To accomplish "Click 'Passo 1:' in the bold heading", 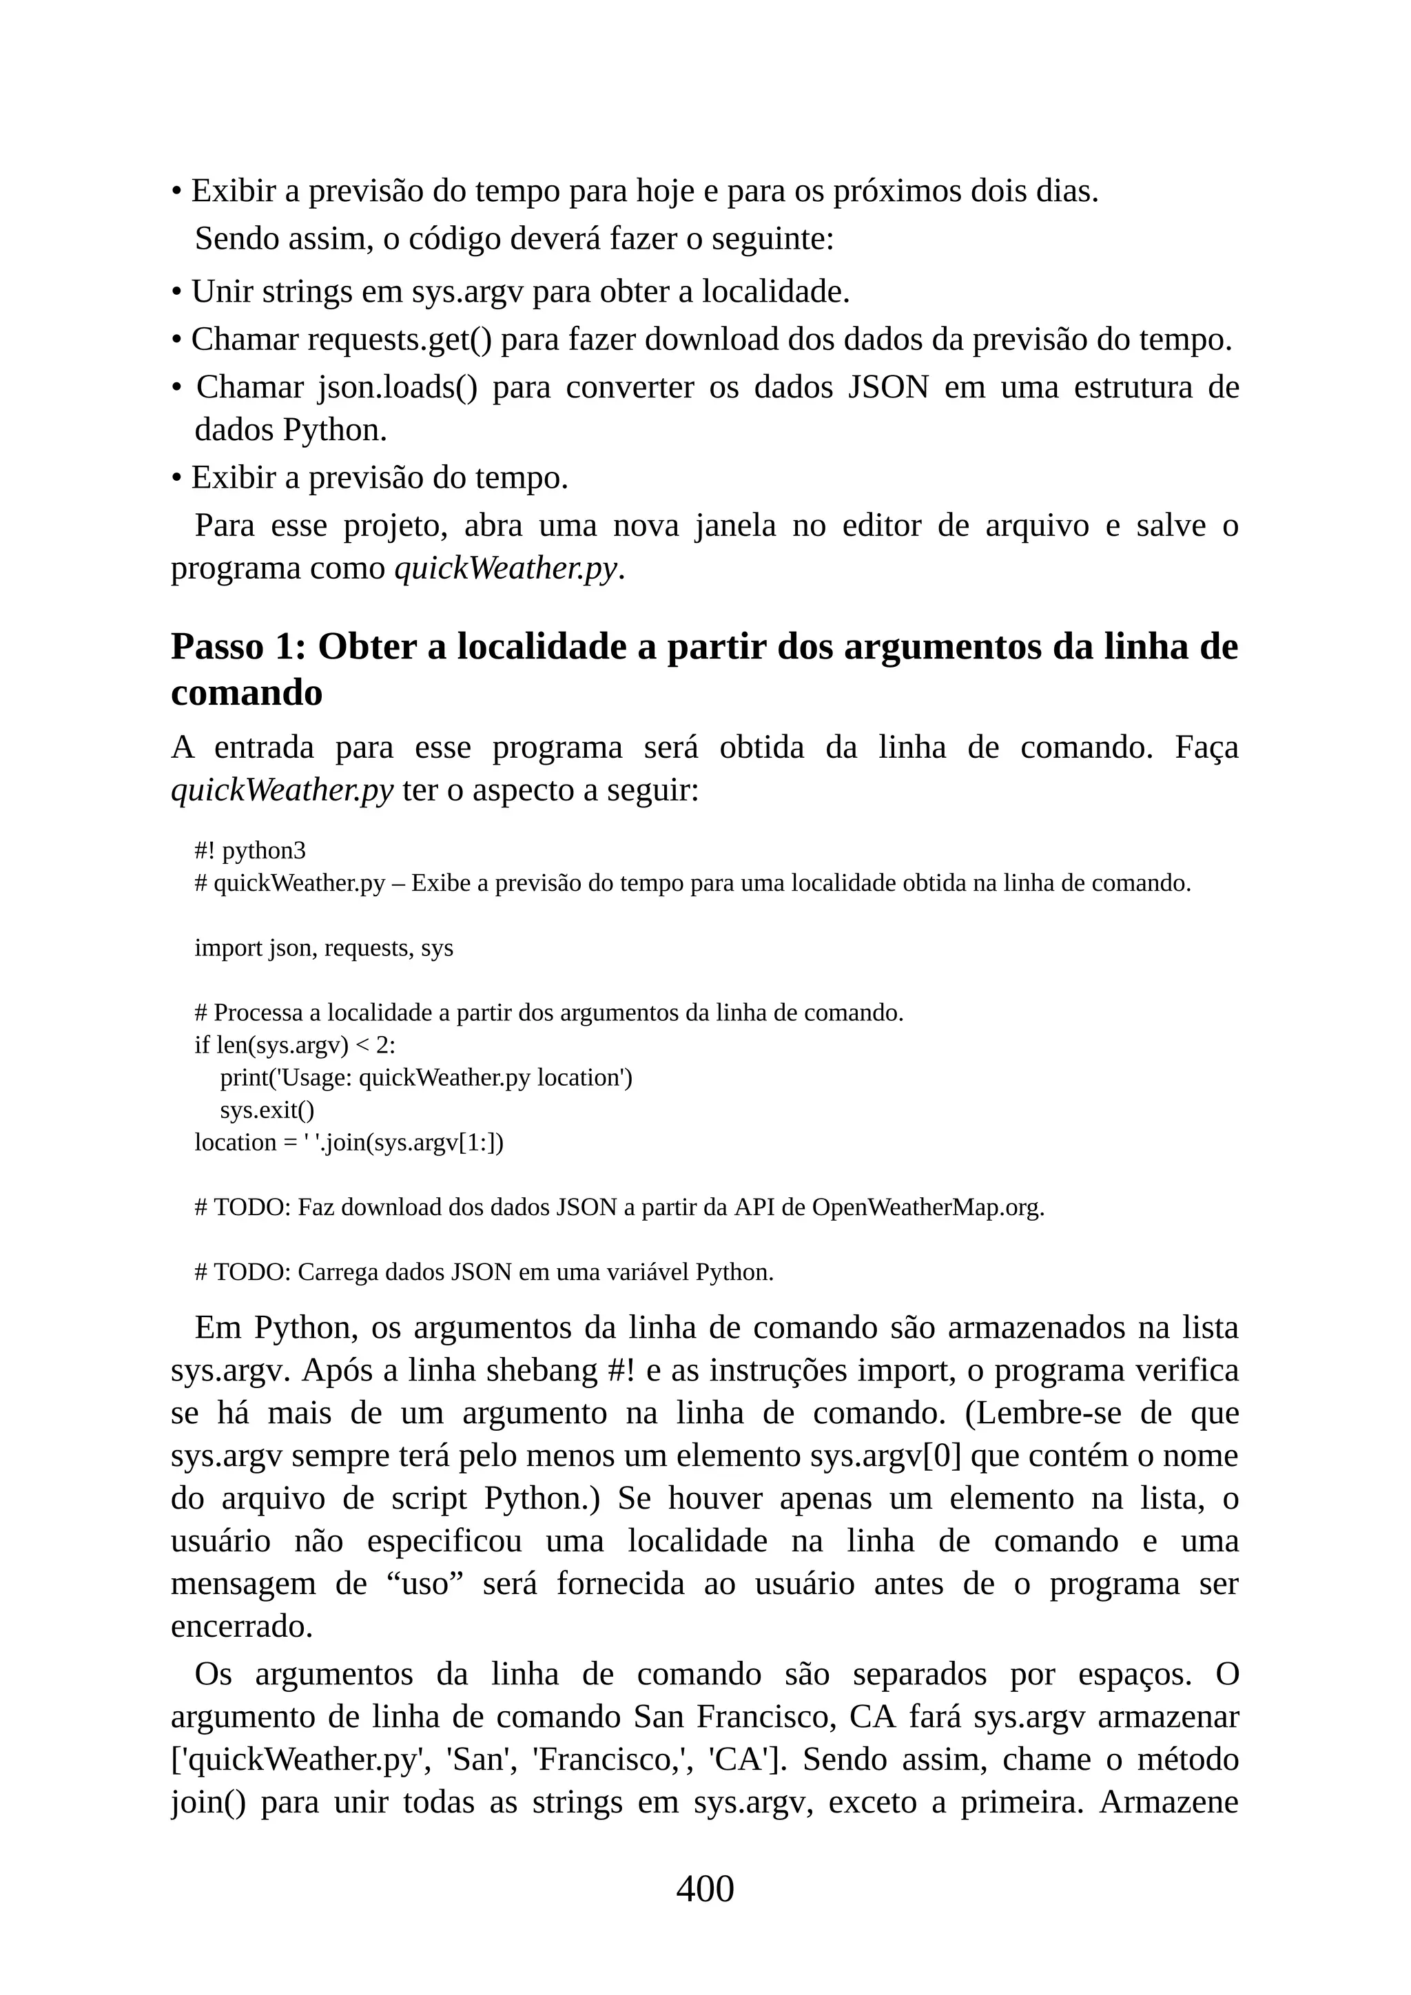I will point(238,648).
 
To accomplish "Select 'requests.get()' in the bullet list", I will point(399,340).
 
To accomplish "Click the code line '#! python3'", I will point(250,851).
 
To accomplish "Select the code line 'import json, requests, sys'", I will point(323,948).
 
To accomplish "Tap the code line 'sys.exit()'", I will point(267,1110).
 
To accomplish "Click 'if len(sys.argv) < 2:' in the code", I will point(295,1045).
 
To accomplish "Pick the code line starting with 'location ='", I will point(349,1143).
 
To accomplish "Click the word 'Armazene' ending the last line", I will point(1168,1803).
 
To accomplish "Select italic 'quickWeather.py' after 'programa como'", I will point(506,569).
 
